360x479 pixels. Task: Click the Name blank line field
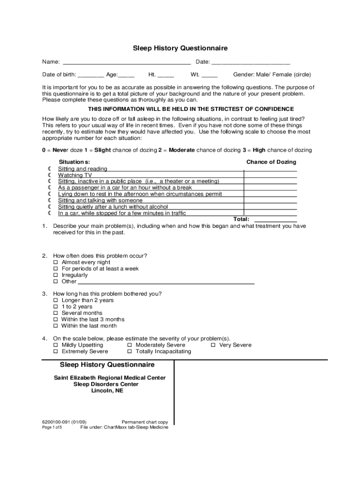(126, 62)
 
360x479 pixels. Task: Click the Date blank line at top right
(251, 62)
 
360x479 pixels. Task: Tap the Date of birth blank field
(91, 75)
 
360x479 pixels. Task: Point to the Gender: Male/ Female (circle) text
(272, 75)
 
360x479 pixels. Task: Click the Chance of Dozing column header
(271, 162)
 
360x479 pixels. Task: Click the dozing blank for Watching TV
(270, 175)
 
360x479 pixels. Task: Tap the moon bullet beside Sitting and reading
(49, 169)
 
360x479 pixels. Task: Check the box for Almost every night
(56, 262)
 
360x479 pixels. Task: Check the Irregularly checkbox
(56, 276)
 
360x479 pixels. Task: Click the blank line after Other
(166, 282)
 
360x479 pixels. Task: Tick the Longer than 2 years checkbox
(56, 300)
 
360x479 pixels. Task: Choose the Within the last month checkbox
(56, 326)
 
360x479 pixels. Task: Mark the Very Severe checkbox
(213, 345)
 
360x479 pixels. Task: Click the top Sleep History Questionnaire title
(180, 48)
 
